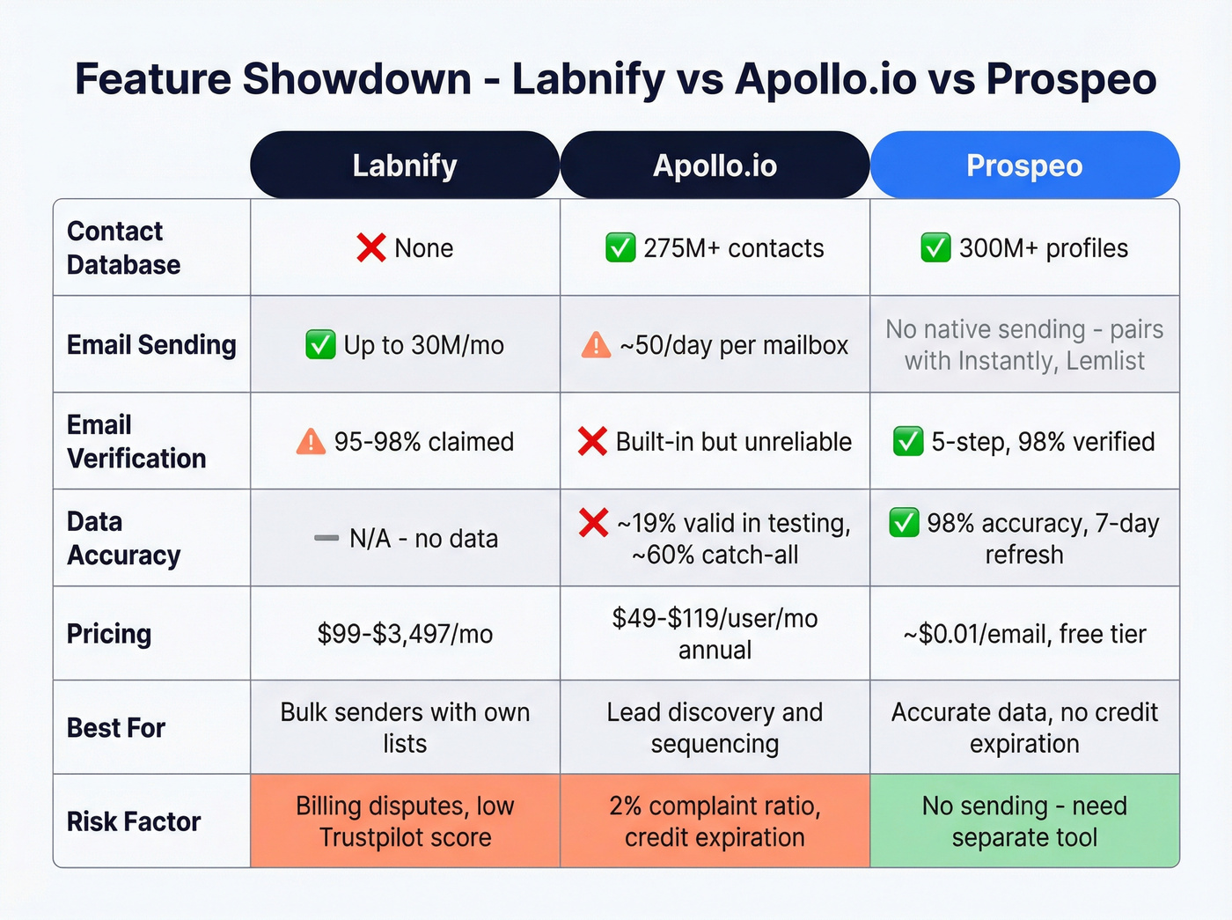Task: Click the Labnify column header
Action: click(405, 166)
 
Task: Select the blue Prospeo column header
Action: click(1024, 166)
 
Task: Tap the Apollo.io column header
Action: click(715, 166)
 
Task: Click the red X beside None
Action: click(371, 248)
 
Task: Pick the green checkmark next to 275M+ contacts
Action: click(620, 248)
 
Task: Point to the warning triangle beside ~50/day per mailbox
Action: click(596, 345)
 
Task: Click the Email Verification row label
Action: click(136, 441)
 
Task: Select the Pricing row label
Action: click(109, 634)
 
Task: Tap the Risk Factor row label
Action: click(134, 821)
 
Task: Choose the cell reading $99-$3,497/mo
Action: click(405, 634)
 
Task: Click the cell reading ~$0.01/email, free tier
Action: click(1024, 634)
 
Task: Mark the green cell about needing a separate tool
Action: click(1024, 821)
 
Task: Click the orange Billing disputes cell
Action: click(405, 821)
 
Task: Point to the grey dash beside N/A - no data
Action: click(326, 538)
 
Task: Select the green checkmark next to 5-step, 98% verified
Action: click(908, 441)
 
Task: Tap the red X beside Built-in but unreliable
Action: click(592, 441)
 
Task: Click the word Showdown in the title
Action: click(356, 78)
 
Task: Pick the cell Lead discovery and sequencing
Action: click(715, 727)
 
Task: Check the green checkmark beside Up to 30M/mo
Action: click(320, 345)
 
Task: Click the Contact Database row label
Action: click(123, 247)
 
